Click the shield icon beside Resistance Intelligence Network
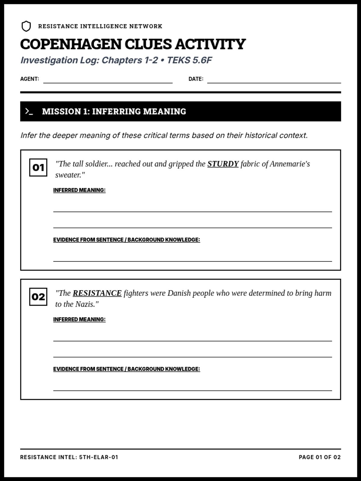26,26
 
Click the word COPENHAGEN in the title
71,44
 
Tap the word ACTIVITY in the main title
210,44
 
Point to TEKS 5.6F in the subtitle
189,60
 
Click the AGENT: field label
29,79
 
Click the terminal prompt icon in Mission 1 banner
29,112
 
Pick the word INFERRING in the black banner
116,112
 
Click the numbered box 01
38,167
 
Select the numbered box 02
38,297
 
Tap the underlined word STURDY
223,164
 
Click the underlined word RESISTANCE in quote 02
97,293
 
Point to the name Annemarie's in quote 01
290,164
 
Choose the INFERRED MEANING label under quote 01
79,190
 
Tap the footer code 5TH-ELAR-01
99,457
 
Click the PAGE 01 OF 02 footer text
319,457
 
